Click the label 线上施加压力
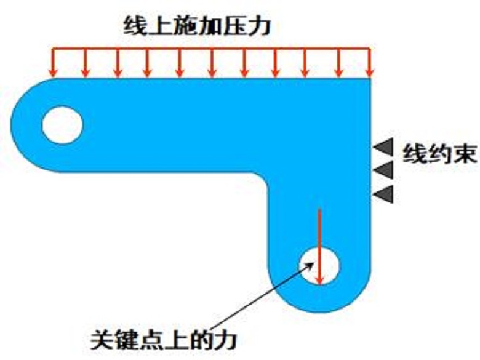197,26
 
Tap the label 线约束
439,154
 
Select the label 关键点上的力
164,339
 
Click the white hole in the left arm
62,125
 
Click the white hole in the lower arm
319,266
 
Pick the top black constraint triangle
383,147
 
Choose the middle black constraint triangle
383,170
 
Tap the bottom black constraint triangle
383,194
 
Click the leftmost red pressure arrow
54,62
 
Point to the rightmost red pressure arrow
369,62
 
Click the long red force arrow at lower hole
319,247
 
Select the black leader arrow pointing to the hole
262,295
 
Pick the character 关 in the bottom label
102,339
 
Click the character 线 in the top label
135,26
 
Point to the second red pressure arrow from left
86,62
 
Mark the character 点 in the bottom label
151,339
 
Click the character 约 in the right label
439,154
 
